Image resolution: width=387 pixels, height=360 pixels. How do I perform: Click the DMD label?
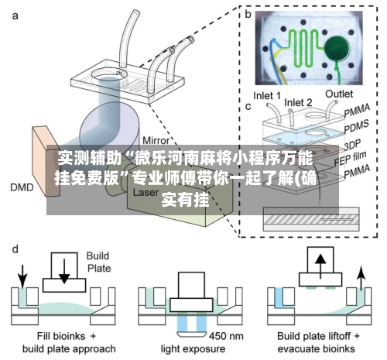coord(22,187)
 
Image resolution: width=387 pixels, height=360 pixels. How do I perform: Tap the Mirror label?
coord(156,141)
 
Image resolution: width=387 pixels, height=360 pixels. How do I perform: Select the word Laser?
coord(146,192)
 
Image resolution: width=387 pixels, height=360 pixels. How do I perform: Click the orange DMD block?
coord(46,160)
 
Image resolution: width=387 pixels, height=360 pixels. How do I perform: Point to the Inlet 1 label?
coord(267,96)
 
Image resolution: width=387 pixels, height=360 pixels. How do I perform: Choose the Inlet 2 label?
coord(298,103)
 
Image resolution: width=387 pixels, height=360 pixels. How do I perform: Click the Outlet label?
coord(339,94)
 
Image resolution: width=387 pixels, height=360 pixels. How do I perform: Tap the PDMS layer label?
coord(357,126)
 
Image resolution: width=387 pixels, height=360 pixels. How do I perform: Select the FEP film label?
coord(350,159)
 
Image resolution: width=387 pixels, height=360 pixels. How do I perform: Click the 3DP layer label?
coord(352,146)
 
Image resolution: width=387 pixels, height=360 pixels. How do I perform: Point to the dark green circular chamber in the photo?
coord(337,48)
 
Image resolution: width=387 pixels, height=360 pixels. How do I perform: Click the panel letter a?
coord(15,16)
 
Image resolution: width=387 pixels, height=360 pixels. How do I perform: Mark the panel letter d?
coord(15,249)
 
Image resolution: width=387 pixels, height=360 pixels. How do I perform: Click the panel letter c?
coord(248,107)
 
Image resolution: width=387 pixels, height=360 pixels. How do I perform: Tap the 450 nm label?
coord(226,336)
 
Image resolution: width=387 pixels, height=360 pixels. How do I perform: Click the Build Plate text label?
coord(98,262)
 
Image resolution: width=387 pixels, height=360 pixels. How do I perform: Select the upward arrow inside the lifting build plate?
coord(320,266)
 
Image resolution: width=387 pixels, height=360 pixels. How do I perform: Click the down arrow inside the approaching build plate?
coord(64,271)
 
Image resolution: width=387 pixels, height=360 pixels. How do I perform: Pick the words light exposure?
coord(193,349)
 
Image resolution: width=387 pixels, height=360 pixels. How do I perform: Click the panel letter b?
coord(248,15)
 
